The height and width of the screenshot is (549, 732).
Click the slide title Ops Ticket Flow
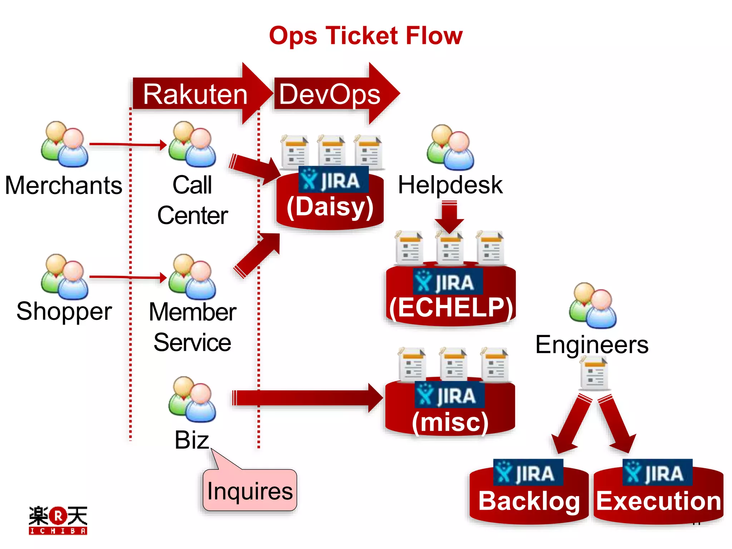[366, 36]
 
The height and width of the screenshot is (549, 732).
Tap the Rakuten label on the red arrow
[195, 94]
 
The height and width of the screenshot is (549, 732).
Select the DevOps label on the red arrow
[330, 94]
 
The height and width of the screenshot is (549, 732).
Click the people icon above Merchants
[65, 144]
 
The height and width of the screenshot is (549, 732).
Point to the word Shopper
[64, 311]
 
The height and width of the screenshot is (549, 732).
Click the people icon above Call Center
[192, 144]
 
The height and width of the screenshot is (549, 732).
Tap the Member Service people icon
[192, 277]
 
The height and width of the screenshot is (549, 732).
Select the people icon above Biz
[192, 399]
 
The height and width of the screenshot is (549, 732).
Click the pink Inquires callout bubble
[250, 490]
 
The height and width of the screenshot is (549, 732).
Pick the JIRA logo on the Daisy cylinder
[333, 180]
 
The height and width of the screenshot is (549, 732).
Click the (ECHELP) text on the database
[451, 307]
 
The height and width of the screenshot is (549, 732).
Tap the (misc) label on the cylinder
[450, 422]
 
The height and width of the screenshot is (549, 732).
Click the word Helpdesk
[450, 185]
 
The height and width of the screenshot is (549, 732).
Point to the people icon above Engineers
[593, 306]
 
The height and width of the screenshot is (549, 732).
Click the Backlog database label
[529, 501]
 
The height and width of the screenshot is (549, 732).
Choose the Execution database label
[658, 501]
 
